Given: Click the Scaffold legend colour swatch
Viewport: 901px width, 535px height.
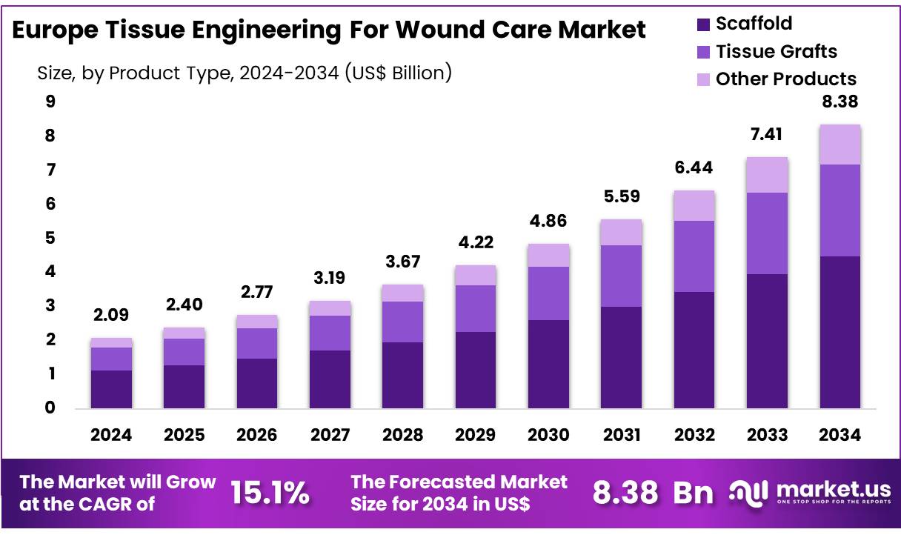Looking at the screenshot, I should [703, 24].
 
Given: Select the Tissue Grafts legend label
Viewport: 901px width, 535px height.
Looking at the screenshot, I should [776, 51].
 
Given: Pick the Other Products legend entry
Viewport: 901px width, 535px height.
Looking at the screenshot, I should [785, 79].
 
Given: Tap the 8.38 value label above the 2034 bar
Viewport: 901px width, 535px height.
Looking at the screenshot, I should [840, 102].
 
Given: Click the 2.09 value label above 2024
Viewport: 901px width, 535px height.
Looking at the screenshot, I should [111, 315].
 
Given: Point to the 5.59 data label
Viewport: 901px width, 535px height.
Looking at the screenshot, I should [621, 196].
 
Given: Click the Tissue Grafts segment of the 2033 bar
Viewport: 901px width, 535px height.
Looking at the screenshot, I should [767, 233].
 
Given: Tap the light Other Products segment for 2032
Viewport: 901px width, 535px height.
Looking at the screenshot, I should [694, 205].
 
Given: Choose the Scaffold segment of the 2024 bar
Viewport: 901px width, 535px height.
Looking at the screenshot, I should [111, 389].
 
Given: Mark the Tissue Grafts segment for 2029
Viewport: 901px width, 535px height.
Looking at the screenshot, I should [476, 308].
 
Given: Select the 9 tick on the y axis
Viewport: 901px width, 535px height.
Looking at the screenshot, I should [50, 102].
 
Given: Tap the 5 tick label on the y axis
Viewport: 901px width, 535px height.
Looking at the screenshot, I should [50, 238].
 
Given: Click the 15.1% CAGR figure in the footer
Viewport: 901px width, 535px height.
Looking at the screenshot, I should [270, 493].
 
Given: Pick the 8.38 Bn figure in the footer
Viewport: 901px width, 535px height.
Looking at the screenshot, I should [653, 493].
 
